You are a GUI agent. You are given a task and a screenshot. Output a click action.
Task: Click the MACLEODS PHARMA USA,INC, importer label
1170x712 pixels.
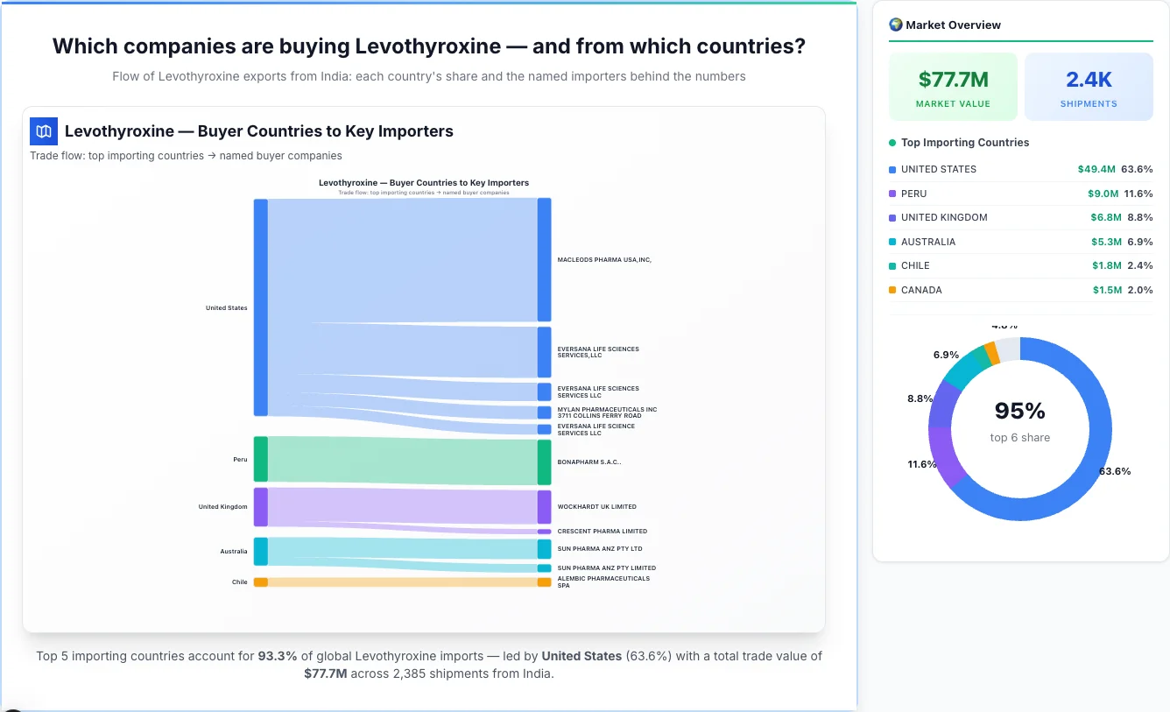[x=604, y=259]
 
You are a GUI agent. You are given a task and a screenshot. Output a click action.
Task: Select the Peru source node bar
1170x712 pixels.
[x=261, y=459]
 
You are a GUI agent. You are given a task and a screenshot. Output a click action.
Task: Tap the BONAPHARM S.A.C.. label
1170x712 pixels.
[x=589, y=462]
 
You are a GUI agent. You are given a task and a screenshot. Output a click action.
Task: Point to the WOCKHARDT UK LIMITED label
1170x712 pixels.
[x=597, y=507]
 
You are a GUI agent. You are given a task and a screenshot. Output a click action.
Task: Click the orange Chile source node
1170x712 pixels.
[x=261, y=582]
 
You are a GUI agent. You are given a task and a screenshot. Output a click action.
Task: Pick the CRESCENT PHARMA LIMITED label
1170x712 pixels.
[x=603, y=532]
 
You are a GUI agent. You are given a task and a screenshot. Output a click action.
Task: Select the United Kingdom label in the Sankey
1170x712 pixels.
[x=222, y=507]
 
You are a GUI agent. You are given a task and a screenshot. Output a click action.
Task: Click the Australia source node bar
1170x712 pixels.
[x=261, y=552]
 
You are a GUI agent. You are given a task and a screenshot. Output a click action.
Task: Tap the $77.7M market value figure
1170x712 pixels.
[x=953, y=80]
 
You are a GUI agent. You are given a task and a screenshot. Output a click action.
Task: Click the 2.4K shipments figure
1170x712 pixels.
[x=1089, y=80]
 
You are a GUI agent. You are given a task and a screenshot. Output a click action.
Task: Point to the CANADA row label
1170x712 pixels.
[x=921, y=290]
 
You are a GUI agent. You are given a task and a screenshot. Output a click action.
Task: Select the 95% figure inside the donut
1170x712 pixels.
[x=1020, y=411]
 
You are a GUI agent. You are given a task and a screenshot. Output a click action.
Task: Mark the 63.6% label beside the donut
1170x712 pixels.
[x=1115, y=471]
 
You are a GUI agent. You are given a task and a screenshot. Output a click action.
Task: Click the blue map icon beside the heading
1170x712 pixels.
[x=44, y=131]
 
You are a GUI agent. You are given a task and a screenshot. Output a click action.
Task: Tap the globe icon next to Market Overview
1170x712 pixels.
[x=896, y=25]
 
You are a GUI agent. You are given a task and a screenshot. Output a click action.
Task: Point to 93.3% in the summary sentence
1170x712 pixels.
[x=276, y=656]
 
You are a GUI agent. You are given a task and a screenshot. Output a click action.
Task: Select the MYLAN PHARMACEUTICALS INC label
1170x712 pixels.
[x=607, y=412]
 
